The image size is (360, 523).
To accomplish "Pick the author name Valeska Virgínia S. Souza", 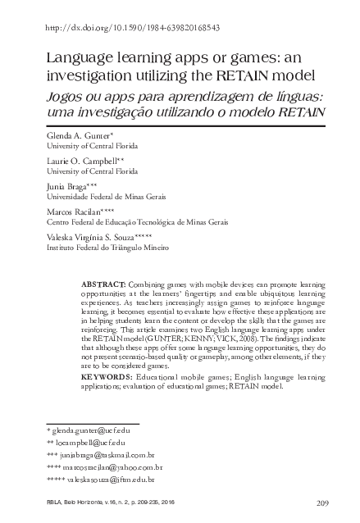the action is pyautogui.click(x=96, y=236).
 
